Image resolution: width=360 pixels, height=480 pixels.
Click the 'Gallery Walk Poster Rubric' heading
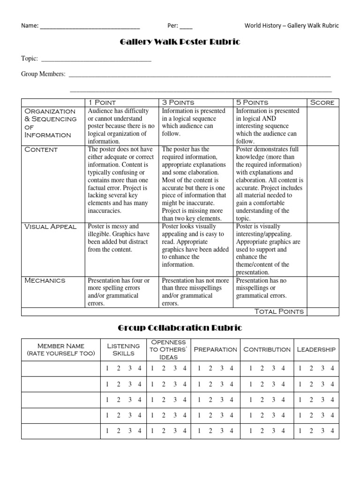coord(180,43)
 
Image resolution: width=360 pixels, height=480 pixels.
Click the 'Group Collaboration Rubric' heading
coord(180,328)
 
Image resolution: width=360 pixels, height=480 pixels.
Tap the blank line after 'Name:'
coord(90,27)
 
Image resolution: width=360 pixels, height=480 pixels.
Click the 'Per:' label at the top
coord(172,26)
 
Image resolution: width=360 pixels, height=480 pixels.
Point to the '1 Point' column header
coord(102,102)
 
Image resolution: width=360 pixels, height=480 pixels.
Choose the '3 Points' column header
coord(178,102)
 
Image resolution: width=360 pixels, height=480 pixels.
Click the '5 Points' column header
coord(252,102)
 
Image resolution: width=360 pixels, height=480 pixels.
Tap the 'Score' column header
coord(322,102)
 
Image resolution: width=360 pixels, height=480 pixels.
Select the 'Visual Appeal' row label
coord(50,226)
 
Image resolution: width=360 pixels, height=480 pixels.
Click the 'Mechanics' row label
coord(45,280)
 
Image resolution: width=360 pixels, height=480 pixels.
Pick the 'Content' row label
coord(41,150)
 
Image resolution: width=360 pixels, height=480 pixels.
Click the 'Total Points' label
coord(279,311)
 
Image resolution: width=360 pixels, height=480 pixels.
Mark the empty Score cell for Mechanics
coord(322,292)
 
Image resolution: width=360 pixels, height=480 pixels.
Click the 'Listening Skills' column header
coord(124,349)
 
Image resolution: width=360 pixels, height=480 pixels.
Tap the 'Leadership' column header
coord(316,349)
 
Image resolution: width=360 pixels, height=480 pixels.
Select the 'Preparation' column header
coord(215,349)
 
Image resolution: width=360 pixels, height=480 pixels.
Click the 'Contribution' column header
coord(266,349)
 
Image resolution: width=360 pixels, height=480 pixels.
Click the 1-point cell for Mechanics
coord(122,292)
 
